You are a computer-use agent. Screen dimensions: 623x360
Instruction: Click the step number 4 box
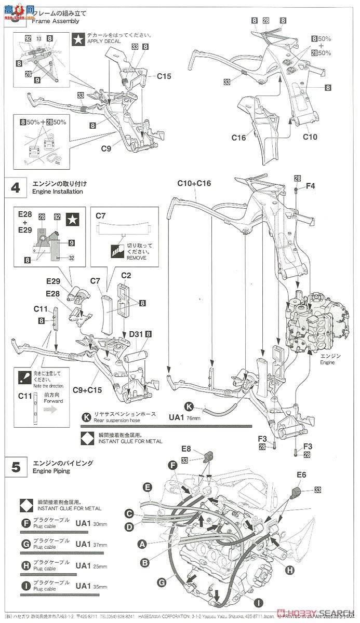[x=16, y=187]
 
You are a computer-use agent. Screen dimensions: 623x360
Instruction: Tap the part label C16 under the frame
[x=239, y=137]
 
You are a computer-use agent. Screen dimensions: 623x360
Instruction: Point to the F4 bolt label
[x=311, y=186]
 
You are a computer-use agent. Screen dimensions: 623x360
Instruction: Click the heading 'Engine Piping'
[x=48, y=472]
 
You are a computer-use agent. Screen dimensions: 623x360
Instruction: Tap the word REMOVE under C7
[x=136, y=258]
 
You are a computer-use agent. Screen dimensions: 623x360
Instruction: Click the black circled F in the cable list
[x=25, y=523]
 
